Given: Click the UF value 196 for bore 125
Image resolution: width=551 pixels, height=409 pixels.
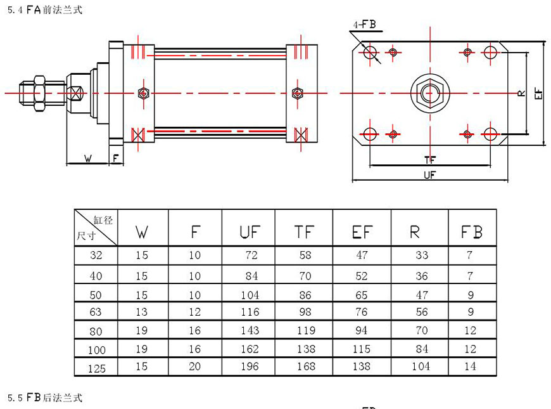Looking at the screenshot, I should pyautogui.click(x=250, y=367).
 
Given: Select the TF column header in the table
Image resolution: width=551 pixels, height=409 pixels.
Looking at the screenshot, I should pyautogui.click(x=304, y=233).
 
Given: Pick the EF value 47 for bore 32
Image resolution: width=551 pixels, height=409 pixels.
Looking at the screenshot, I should pyautogui.click(x=360, y=256).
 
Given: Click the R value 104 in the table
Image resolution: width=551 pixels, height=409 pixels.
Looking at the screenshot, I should pyautogui.click(x=420, y=367).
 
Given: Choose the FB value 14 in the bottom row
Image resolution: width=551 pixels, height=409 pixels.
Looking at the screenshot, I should pyautogui.click(x=472, y=367).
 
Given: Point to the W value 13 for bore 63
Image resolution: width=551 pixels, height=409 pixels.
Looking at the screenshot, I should pyautogui.click(x=141, y=312).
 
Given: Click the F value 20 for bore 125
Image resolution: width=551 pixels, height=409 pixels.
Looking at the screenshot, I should pyautogui.click(x=194, y=367).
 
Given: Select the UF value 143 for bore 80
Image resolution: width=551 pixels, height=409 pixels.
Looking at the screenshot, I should pyautogui.click(x=250, y=330).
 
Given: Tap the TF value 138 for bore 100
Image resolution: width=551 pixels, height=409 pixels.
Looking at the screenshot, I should pyautogui.click(x=305, y=349).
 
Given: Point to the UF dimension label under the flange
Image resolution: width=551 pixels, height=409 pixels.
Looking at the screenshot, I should pyautogui.click(x=430, y=175).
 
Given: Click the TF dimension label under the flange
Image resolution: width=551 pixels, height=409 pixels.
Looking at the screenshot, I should pyautogui.click(x=430, y=159).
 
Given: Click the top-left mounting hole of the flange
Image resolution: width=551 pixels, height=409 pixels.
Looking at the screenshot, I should pyautogui.click(x=370, y=51).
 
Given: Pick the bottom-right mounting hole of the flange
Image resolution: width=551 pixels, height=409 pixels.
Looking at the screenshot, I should pyautogui.click(x=490, y=134).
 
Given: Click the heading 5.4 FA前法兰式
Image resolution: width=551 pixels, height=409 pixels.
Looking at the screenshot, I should pyautogui.click(x=45, y=10).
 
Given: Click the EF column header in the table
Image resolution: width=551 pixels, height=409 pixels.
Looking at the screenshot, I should pyautogui.click(x=362, y=233).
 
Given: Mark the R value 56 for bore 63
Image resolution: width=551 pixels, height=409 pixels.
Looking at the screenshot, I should pyautogui.click(x=420, y=312).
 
